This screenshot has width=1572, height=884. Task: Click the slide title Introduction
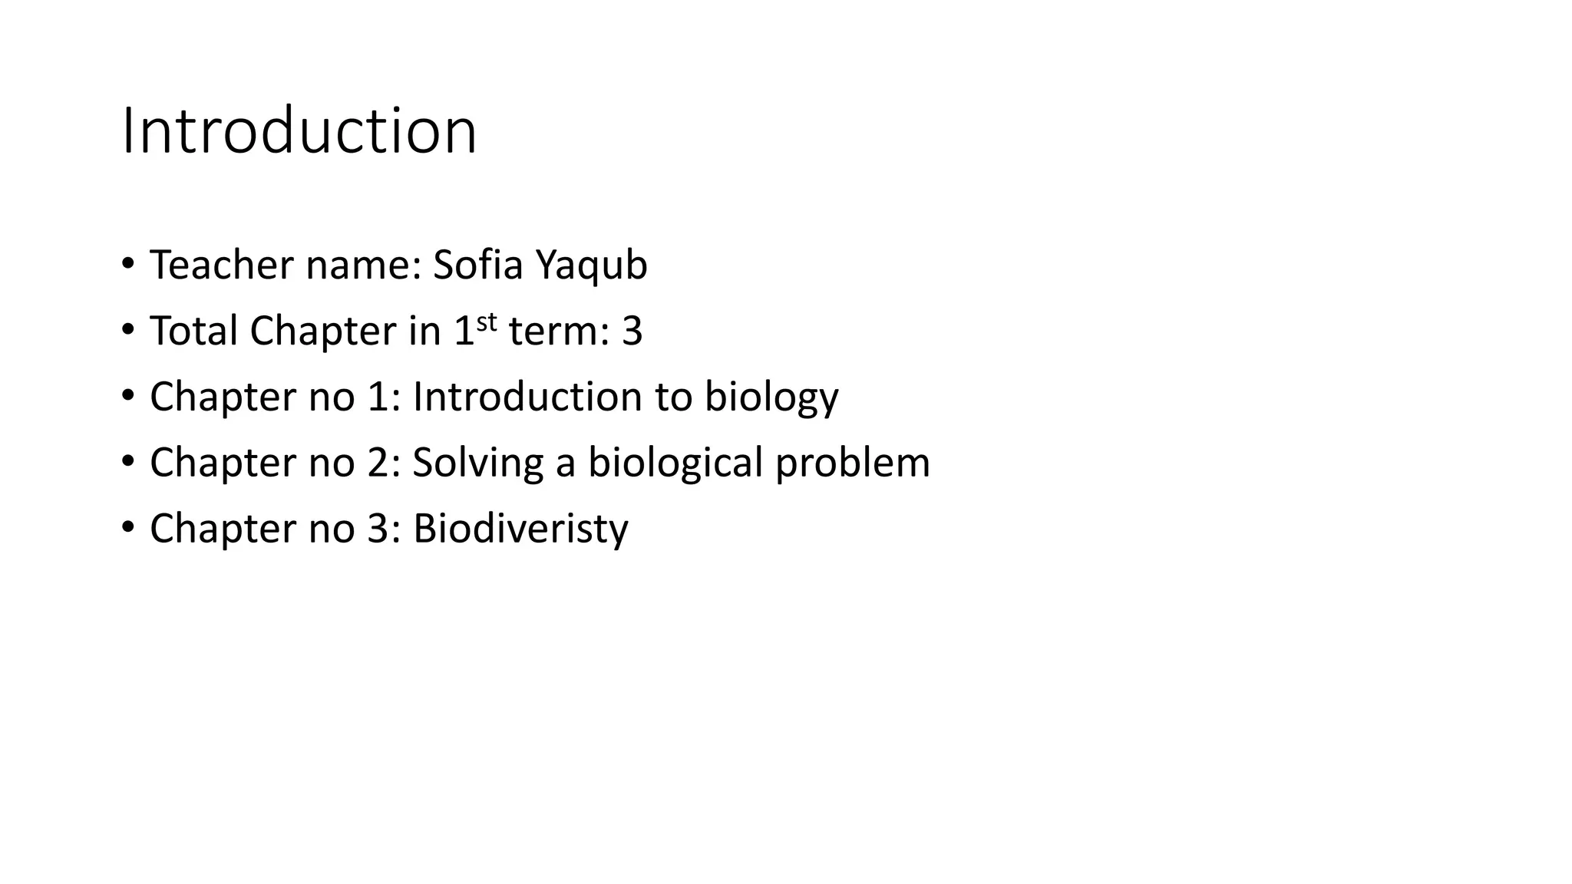(299, 131)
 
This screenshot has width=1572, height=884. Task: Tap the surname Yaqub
(591, 266)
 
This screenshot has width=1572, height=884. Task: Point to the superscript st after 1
(487, 322)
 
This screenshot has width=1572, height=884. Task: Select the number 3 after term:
(632, 331)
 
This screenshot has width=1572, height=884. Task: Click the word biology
(771, 398)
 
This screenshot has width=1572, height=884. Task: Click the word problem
(852, 463)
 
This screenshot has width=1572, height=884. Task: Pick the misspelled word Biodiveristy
(520, 529)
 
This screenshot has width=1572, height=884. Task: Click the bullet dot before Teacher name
(127, 263)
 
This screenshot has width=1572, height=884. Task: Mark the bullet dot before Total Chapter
(127, 329)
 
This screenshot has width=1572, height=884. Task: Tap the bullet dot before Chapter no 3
(127, 526)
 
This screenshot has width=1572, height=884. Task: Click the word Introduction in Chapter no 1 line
(527, 397)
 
